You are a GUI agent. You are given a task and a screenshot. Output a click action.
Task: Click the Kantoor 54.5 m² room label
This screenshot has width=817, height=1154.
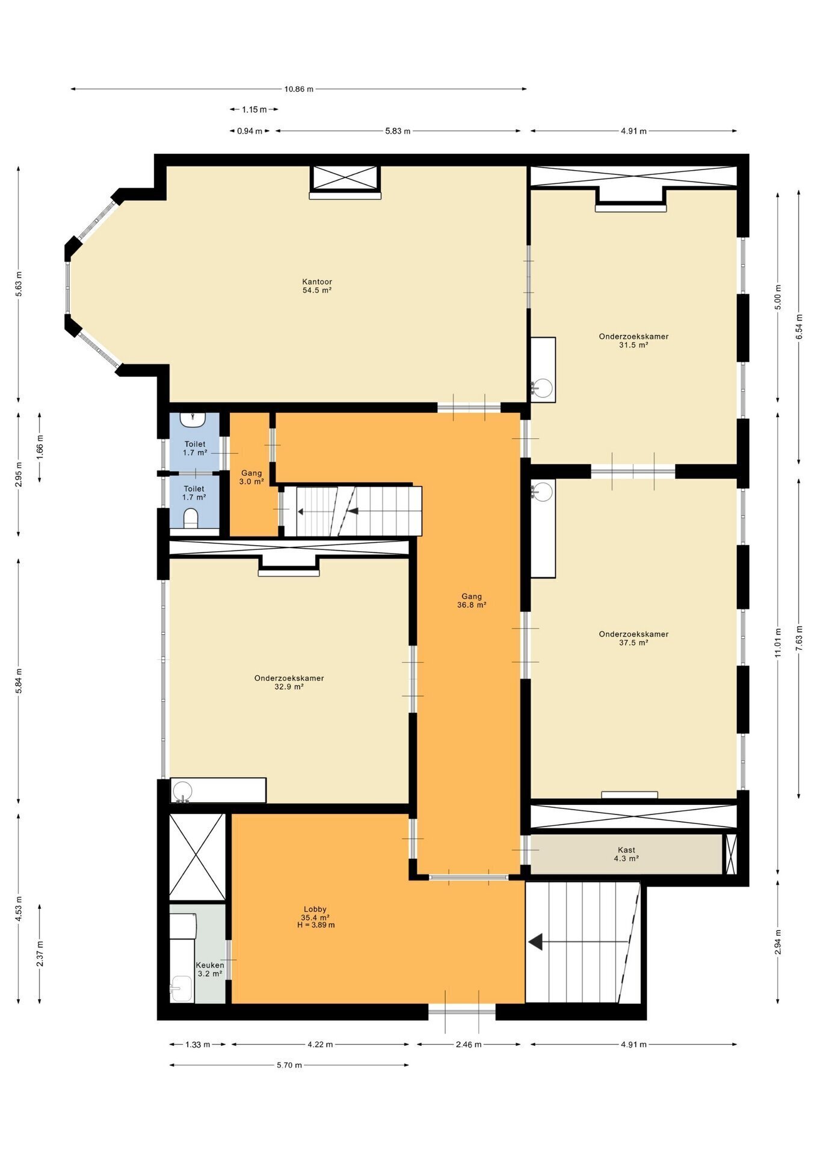pos(317,285)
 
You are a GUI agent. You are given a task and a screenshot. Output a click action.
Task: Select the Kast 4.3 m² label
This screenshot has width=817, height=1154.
pos(626,854)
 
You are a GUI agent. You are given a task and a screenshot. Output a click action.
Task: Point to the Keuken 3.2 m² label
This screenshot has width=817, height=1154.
pos(210,969)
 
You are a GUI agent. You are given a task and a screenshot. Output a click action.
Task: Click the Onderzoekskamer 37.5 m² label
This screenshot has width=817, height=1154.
pos(634,638)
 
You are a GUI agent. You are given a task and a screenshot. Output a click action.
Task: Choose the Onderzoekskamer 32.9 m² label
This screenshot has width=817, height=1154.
pos(289,682)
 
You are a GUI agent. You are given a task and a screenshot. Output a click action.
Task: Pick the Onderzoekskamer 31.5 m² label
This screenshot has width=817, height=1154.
pos(634,341)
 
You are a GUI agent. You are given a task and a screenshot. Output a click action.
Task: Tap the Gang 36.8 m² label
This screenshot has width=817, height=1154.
pos(472,601)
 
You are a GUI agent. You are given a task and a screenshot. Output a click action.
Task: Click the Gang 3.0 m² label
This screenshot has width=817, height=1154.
pos(251,477)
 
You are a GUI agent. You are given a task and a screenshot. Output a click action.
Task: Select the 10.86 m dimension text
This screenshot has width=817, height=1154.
pos(299,89)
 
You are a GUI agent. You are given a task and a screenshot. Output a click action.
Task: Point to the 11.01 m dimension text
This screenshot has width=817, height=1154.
pos(777,643)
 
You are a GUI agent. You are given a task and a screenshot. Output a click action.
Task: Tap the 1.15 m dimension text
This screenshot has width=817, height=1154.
pos(254,109)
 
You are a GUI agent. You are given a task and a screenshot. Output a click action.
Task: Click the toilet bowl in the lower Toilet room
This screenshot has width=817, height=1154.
pos(191,519)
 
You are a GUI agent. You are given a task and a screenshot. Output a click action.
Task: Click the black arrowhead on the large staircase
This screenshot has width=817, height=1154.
pos(535,942)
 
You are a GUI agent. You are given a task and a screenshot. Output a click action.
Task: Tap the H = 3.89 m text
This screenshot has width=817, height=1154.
pos(316,925)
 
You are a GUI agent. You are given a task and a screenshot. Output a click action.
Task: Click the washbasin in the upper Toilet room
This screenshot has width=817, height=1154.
pos(194,419)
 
